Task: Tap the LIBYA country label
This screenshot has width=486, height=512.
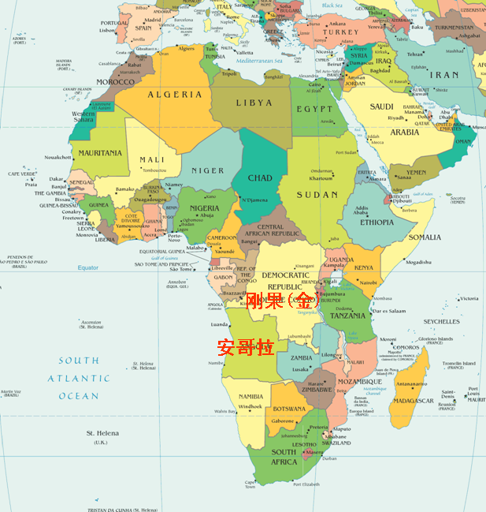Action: pyautogui.click(x=254, y=103)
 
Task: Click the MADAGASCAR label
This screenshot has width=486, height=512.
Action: pyautogui.click(x=414, y=401)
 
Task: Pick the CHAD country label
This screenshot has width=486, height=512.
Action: pyautogui.click(x=260, y=178)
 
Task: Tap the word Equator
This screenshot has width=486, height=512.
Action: pyautogui.click(x=88, y=268)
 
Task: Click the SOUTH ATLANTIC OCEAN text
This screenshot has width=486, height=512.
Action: pyautogui.click(x=79, y=379)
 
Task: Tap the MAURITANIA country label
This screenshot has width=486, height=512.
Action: pyautogui.click(x=100, y=153)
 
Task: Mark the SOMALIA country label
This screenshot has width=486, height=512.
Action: pyautogui.click(x=425, y=237)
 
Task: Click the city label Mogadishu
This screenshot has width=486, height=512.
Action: pyautogui.click(x=418, y=262)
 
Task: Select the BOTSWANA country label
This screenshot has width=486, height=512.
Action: pyautogui.click(x=289, y=409)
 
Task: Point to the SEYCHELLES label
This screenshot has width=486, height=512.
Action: pyautogui.click(x=441, y=322)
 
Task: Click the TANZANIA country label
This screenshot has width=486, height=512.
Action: pyautogui.click(x=347, y=316)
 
